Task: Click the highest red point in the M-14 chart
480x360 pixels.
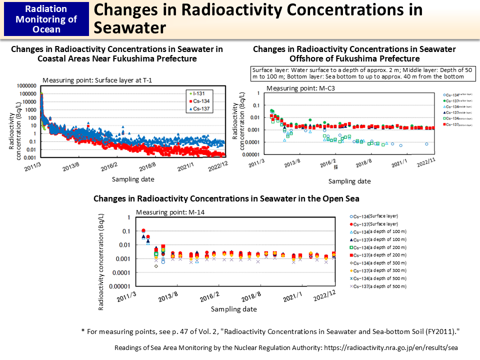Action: click(x=143, y=230)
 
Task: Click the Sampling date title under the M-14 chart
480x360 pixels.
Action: click(x=233, y=309)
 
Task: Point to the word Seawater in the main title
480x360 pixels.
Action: click(x=130, y=27)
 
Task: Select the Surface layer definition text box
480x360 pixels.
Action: click(x=358, y=73)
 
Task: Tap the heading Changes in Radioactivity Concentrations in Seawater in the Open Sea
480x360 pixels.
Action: click(x=226, y=198)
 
